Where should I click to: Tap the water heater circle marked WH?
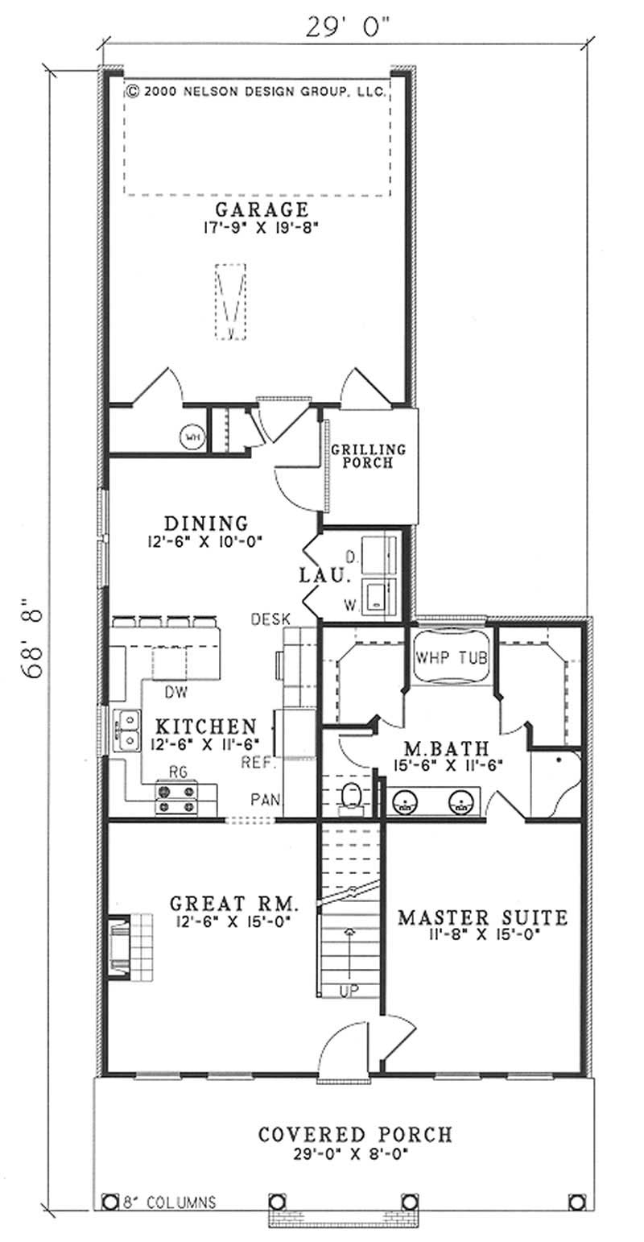point(192,437)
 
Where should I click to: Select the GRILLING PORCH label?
point(368,457)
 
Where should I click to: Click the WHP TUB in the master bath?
point(451,656)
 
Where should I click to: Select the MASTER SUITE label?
point(483,917)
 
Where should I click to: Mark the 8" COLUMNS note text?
point(168,1203)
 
